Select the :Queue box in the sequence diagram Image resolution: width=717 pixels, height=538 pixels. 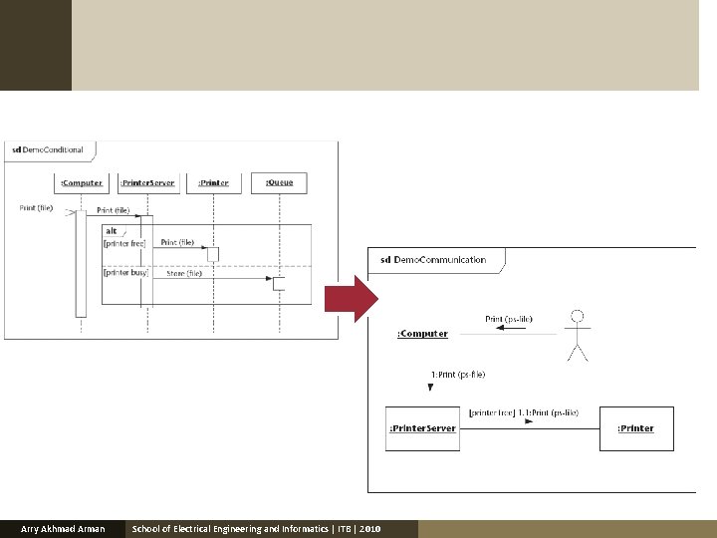280,182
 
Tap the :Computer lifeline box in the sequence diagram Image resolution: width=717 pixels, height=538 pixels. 81,182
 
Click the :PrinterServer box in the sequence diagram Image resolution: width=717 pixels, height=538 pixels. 147,182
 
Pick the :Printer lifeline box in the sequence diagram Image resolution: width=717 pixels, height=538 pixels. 213,182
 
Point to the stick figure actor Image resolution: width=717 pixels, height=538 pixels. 577,335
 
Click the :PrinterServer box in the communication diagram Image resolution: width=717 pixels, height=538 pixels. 422,428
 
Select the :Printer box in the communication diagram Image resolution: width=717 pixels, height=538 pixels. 635,428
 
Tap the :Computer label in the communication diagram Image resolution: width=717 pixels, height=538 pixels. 422,334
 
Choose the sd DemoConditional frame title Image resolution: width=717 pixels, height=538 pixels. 50,150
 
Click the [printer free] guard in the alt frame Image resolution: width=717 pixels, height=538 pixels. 124,243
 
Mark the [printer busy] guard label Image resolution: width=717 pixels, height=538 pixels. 125,272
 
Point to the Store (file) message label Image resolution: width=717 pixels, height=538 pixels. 184,273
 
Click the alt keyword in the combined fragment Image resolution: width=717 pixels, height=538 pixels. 111,231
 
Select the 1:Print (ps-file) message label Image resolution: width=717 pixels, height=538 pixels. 458,375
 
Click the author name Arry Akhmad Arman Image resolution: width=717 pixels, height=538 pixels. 63,528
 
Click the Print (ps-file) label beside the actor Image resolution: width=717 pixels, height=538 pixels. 509,319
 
